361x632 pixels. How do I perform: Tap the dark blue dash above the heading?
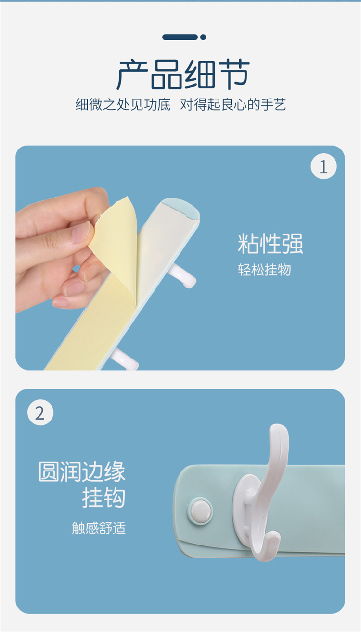pos(180,37)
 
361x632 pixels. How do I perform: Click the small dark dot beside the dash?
pos(203,37)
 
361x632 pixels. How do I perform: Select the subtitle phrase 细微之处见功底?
pos(123,104)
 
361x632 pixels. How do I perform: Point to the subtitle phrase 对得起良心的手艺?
pos(233,104)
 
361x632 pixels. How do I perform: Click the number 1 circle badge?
pos(323,166)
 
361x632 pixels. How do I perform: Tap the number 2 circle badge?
pos(40,412)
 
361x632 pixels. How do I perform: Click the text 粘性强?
pos(271,244)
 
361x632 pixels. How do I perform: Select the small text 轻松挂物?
pos(264,270)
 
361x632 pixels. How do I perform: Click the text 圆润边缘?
pos(82,471)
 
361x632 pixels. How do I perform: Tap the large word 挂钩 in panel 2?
pos(103,498)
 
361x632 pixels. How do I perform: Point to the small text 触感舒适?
pos(99,528)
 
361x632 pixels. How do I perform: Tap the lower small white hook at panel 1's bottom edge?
pos(124,359)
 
